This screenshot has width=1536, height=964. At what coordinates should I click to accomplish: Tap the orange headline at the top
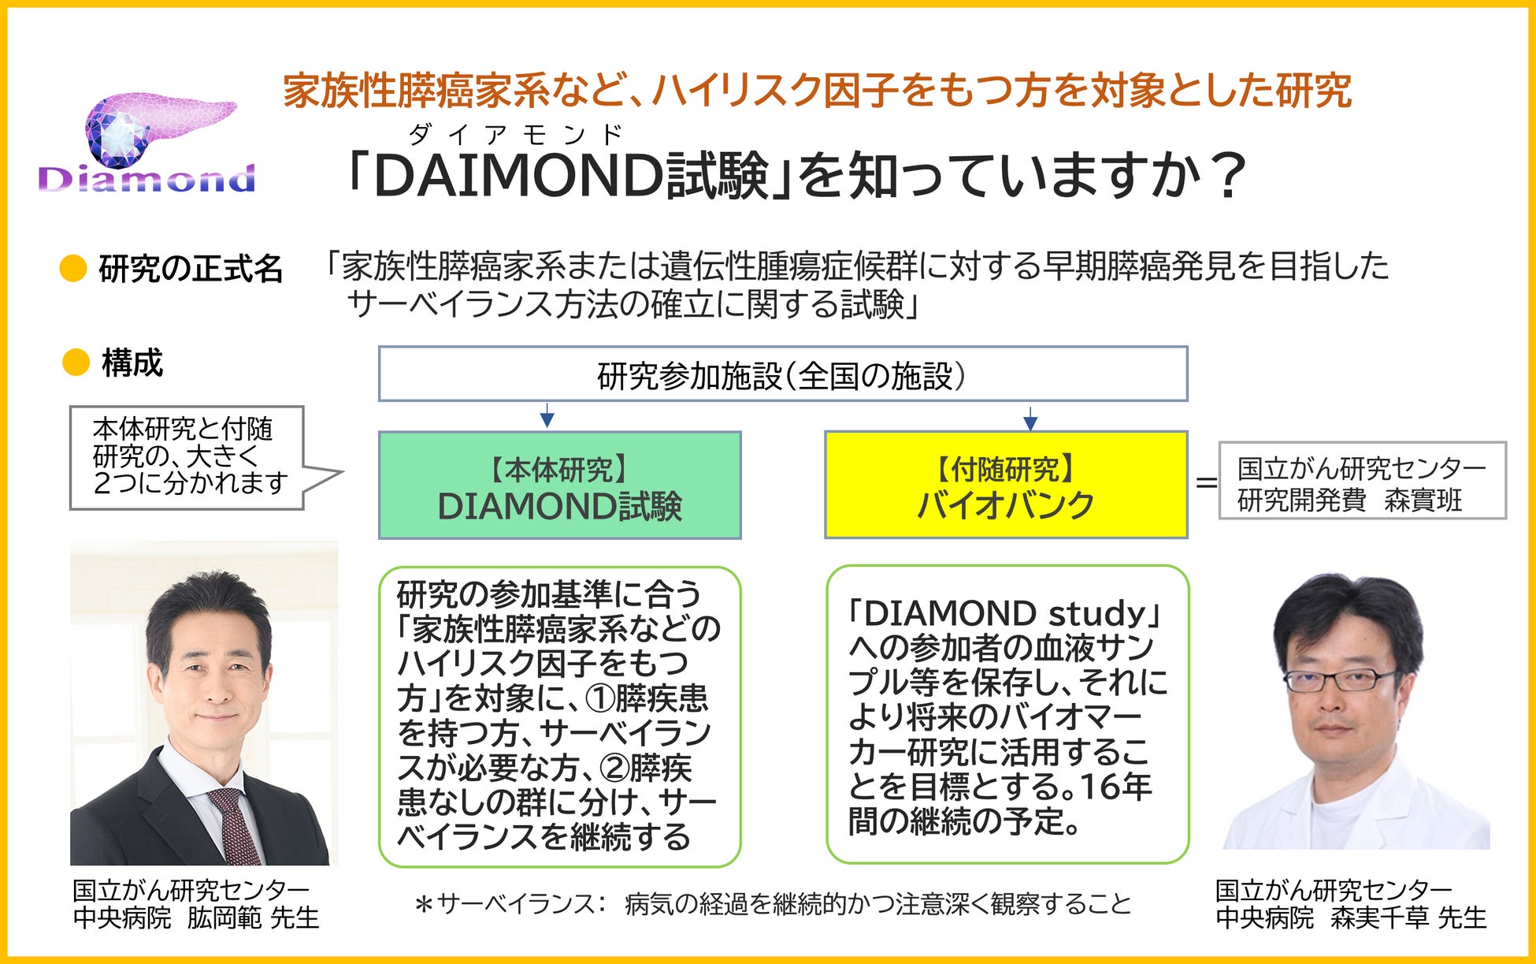(x=817, y=90)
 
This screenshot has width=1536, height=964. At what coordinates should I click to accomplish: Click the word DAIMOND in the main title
(x=518, y=175)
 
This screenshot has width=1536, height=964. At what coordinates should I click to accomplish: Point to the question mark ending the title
(x=1227, y=175)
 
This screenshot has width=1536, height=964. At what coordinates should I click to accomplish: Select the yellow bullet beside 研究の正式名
(x=73, y=269)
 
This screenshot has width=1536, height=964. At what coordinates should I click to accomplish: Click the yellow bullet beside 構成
(x=76, y=363)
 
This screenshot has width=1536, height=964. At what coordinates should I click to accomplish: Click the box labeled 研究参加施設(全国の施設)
(x=782, y=374)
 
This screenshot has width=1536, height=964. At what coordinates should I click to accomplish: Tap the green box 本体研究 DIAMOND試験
(x=559, y=486)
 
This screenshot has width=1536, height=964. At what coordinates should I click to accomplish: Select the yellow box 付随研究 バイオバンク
(x=1006, y=486)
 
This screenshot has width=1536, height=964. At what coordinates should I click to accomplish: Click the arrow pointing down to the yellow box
(x=1030, y=418)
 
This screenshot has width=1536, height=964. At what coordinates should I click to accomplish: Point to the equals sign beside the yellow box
(x=1206, y=482)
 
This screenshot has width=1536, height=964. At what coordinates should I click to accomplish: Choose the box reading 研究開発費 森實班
(x=1362, y=481)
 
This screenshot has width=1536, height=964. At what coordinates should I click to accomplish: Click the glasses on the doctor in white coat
(x=1339, y=679)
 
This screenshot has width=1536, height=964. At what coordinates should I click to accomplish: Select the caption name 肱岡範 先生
(x=252, y=917)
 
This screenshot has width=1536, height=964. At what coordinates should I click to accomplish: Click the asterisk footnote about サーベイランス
(x=772, y=903)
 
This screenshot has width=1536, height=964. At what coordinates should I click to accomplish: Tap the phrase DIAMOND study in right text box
(x=1004, y=613)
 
